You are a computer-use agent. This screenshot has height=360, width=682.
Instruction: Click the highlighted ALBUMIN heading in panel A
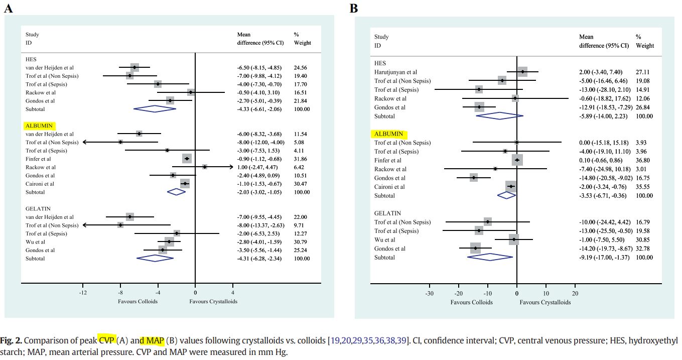pyautogui.click(x=39, y=126)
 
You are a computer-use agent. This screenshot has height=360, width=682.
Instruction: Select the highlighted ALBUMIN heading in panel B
pyautogui.click(x=389, y=134)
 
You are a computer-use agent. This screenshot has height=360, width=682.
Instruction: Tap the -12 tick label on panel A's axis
pyautogui.click(x=83, y=293)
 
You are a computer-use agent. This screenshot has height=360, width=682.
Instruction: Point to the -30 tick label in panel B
pyautogui.click(x=430, y=294)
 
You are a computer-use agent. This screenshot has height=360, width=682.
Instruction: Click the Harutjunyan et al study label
pyautogui.click(x=396, y=72)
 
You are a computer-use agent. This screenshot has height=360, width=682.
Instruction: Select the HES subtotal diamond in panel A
pyautogui.click(x=155, y=109)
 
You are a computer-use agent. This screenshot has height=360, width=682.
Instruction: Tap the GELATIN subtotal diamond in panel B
pyautogui.click(x=490, y=257)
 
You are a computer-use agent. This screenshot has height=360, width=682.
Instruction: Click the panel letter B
pyautogui.click(x=354, y=8)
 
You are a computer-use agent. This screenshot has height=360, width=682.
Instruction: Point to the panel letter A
pyautogui.click(x=8, y=8)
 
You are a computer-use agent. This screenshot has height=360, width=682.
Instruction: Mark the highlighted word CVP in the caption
pyautogui.click(x=106, y=341)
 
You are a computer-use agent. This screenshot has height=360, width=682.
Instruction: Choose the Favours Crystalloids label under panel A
pyautogui.click(x=213, y=301)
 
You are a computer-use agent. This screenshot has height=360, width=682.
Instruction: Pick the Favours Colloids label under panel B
pyautogui.click(x=471, y=302)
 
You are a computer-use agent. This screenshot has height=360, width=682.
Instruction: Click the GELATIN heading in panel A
pyautogui.click(x=38, y=208)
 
